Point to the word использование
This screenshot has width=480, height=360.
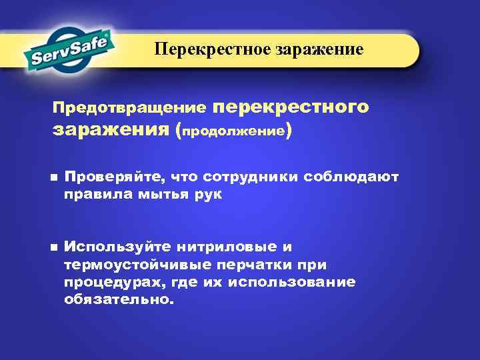[291, 282]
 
